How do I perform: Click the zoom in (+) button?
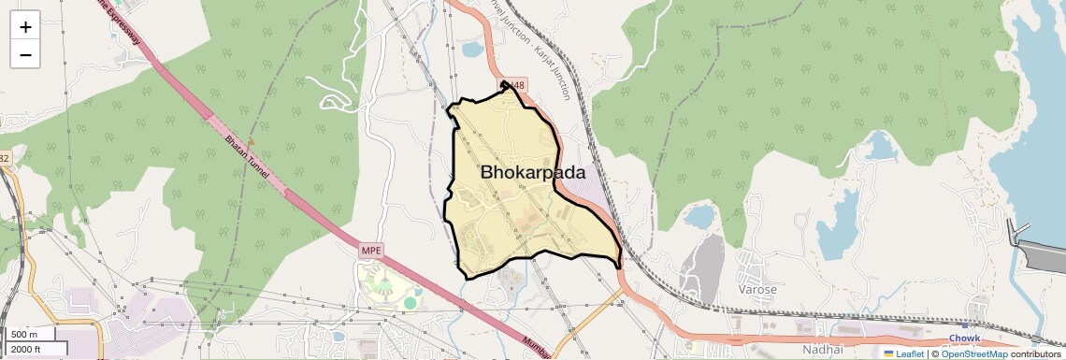click(x=25, y=26)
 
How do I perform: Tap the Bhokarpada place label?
click(x=533, y=173)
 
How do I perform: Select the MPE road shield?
click(x=371, y=251)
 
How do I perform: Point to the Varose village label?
click(x=757, y=290)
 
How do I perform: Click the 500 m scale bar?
click(x=34, y=335)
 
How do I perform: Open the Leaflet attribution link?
click(x=903, y=353)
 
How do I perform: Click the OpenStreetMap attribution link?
click(x=974, y=353)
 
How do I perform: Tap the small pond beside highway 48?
click(x=472, y=49)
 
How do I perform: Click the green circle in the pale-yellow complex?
click(x=410, y=303)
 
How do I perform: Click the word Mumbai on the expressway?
click(x=536, y=345)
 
